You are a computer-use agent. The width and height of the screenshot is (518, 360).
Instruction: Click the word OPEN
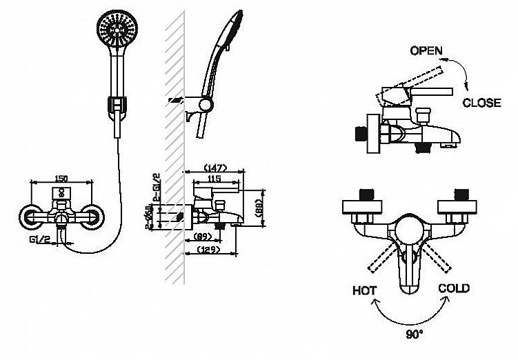pos(426,51)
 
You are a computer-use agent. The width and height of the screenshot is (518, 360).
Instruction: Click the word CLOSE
pos(481,103)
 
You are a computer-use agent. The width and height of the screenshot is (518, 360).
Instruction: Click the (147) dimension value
pos(216,168)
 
